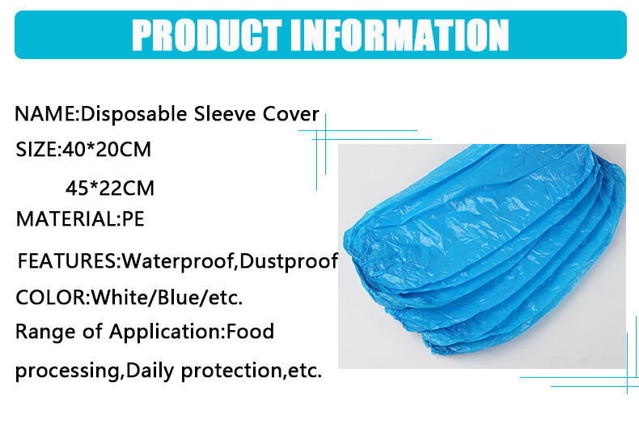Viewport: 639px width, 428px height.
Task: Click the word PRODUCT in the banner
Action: point(206,35)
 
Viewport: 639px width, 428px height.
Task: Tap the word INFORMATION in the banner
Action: point(400,35)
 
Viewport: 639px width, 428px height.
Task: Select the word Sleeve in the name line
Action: point(225,114)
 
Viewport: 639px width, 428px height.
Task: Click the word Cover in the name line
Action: point(290,114)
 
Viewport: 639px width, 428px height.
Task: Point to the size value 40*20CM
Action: point(107,149)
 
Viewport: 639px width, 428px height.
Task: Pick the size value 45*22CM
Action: point(110,188)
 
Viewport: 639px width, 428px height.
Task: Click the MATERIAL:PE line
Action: point(80,219)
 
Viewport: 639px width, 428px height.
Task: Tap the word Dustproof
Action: point(289,261)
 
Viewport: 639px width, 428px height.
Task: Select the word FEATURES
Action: point(67,261)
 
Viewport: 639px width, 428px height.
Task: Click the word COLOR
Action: point(50,298)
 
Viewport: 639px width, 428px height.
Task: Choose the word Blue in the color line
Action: point(178,297)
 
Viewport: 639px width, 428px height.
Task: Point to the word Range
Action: point(45,332)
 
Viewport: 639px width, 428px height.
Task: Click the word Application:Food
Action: point(192,333)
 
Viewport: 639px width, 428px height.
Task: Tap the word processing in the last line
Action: point(68,371)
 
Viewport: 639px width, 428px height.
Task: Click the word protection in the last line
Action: point(231,371)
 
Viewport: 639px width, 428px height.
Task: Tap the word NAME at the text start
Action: point(44,114)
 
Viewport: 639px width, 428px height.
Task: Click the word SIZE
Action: point(36,149)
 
